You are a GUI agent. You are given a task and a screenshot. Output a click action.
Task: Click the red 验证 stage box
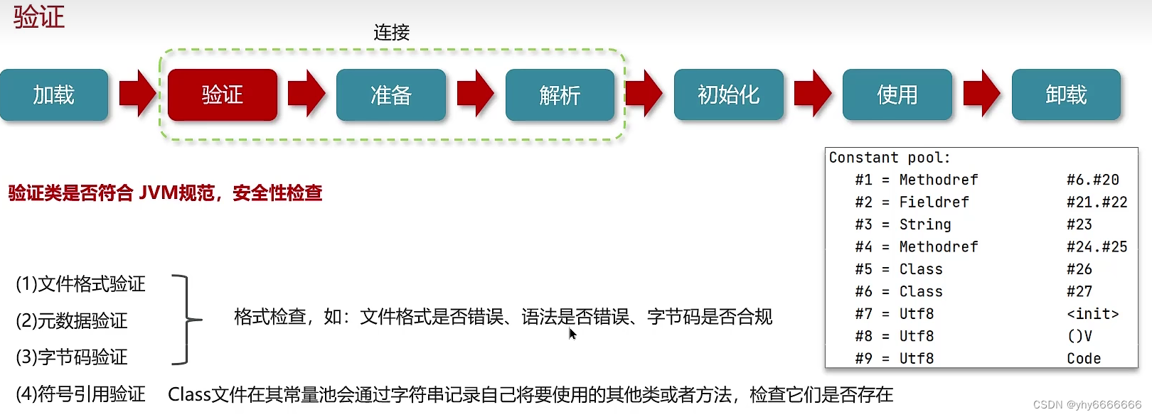point(222,94)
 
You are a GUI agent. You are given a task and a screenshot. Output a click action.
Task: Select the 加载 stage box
point(54,94)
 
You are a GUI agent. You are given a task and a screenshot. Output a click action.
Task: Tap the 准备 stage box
point(391,94)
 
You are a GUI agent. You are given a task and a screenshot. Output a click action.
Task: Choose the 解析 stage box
point(560,94)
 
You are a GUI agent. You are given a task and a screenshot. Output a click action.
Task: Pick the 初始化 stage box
point(728,94)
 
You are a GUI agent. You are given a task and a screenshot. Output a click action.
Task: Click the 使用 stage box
point(897,94)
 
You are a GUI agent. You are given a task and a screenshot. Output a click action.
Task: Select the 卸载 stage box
point(1066,94)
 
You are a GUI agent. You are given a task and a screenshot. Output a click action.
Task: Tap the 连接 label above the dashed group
point(391,33)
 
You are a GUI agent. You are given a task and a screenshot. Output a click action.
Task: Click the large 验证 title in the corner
point(39,17)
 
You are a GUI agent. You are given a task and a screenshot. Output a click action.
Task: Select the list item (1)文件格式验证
point(80,284)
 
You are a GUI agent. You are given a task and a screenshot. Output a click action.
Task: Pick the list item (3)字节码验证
point(72,357)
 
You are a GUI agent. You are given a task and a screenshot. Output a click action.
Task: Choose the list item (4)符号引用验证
point(80,394)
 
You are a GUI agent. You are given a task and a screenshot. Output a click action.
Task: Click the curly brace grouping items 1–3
point(186,320)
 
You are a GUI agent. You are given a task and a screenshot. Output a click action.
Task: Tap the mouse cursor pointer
point(572,333)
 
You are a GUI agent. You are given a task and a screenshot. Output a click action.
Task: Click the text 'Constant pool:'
point(889,158)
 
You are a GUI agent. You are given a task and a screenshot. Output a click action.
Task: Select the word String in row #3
point(924,224)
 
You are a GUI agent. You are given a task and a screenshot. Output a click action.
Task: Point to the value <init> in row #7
point(1092,314)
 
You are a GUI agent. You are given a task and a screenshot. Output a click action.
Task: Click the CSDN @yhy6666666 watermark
point(1087,405)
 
